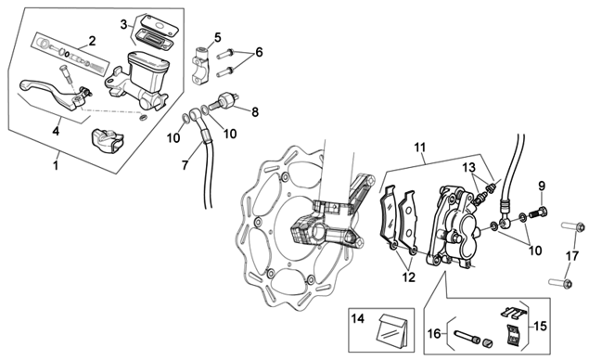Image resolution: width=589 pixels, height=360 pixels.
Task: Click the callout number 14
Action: (x=358, y=318)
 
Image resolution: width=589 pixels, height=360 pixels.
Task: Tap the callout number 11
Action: (x=420, y=147)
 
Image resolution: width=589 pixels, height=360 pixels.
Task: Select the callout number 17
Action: (x=572, y=256)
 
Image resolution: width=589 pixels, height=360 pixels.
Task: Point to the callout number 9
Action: (x=542, y=186)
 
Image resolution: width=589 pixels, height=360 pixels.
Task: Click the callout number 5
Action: (x=217, y=38)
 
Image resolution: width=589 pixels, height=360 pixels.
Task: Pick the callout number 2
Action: (x=92, y=41)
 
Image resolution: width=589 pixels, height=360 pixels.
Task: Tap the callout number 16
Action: (x=434, y=333)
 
